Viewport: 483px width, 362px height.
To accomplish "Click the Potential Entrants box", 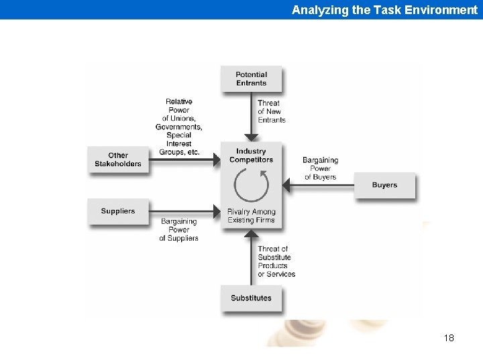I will point(251,79).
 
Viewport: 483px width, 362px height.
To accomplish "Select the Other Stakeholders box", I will point(118,160).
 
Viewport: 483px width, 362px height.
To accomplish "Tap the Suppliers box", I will point(118,211).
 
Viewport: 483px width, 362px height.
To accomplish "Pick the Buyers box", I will point(384,185).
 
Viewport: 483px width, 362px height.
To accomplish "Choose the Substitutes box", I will point(251,298).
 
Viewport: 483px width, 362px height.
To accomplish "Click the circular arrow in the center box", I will point(251,186).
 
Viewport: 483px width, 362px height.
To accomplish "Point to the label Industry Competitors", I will point(251,156).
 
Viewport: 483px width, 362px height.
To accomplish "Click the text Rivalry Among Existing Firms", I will point(251,216).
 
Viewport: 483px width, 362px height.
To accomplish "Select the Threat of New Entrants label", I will point(272,111).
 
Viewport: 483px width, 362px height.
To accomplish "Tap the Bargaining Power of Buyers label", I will point(321,169).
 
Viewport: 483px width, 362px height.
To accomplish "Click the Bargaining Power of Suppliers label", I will point(179,229).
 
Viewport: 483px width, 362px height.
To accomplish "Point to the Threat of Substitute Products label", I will point(276,261).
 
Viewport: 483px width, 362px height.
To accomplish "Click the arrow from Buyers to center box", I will point(319,185).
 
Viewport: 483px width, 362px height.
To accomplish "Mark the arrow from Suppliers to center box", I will point(184,213).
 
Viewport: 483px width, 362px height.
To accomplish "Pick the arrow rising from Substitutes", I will point(251,258).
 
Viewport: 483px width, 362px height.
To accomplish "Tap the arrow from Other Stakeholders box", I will point(184,160).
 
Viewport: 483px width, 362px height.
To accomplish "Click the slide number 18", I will point(449,338).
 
